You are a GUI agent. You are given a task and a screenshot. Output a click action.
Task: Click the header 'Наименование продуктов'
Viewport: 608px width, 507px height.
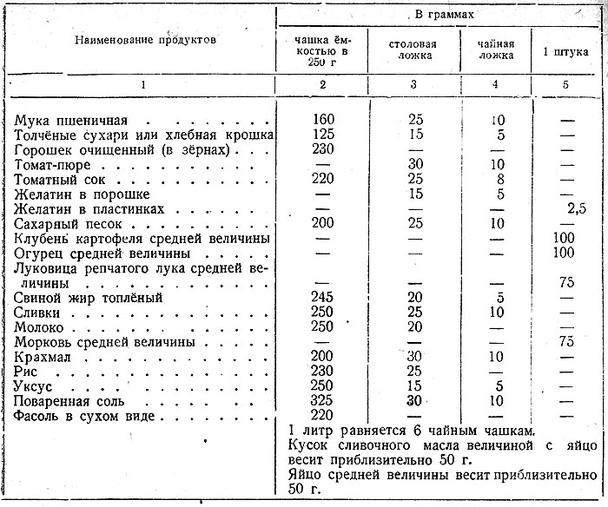(x=143, y=40)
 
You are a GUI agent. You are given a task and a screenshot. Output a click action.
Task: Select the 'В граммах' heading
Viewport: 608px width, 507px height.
(x=442, y=16)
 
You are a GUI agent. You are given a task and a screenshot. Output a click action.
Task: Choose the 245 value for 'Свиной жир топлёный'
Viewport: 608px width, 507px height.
(x=322, y=298)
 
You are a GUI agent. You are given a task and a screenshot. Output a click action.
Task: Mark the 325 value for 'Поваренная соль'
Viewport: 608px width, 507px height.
(x=322, y=401)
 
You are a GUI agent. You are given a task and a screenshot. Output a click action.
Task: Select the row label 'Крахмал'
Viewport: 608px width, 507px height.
(x=43, y=357)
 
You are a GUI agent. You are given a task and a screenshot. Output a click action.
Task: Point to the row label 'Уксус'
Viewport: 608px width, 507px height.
(x=36, y=386)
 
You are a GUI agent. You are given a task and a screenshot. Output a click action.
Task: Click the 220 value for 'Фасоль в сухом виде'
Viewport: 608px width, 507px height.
(x=322, y=416)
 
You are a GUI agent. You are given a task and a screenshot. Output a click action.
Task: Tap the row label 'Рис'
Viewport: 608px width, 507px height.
(x=27, y=372)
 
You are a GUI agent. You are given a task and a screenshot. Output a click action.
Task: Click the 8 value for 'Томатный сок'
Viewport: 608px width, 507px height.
(x=497, y=179)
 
